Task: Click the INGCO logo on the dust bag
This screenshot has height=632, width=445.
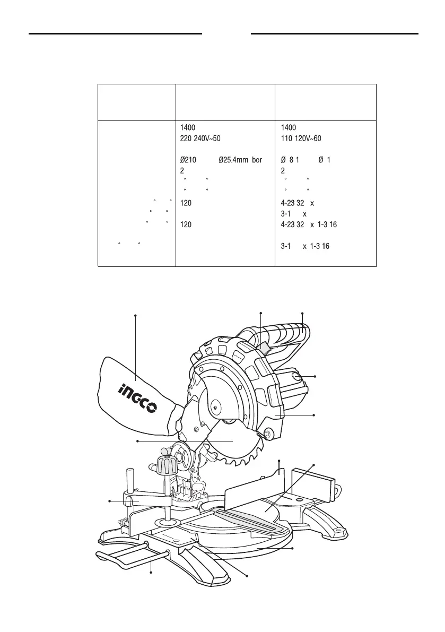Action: [136, 399]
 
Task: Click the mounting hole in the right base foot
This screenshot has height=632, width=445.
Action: [338, 531]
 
